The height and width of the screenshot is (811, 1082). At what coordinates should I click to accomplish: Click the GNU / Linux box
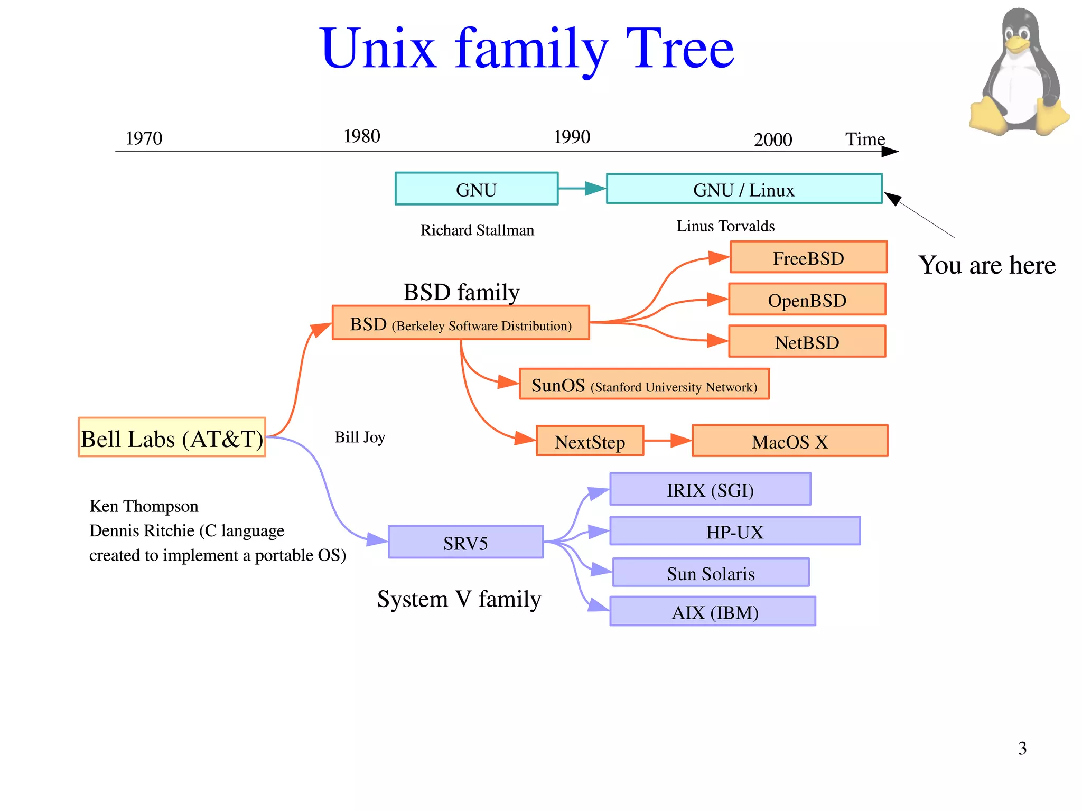(744, 189)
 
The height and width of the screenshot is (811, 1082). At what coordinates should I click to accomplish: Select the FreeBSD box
(808, 257)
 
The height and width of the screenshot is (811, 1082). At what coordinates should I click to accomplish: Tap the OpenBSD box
(807, 300)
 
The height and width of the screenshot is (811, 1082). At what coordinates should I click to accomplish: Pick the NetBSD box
(807, 342)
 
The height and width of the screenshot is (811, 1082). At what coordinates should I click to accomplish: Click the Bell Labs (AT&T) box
(172, 437)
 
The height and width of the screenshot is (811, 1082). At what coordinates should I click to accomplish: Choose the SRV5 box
(465, 542)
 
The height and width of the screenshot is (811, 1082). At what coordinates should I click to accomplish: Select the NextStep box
(590, 441)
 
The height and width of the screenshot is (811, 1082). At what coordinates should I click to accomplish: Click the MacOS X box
(790, 441)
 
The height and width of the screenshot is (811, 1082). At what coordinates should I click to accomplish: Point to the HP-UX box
(735, 531)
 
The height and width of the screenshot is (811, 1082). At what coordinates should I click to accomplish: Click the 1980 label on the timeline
(362, 136)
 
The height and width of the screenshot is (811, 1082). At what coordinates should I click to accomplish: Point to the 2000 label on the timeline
(773, 139)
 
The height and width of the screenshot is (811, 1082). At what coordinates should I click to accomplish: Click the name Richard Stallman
(477, 230)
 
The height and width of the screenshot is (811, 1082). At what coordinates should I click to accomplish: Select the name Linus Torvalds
(725, 226)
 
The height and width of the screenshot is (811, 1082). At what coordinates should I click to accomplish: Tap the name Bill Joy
(360, 437)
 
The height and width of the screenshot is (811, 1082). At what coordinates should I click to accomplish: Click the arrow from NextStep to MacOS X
(667, 440)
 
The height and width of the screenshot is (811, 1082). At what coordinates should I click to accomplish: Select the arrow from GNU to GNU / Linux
(582, 188)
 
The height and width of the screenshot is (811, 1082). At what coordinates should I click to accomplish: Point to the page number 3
(1022, 748)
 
